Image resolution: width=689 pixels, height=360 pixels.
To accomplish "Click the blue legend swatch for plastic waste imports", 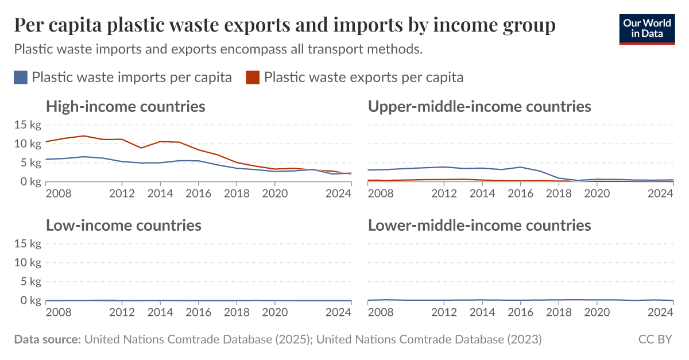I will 21,78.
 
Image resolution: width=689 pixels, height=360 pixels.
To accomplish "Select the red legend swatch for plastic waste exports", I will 253,78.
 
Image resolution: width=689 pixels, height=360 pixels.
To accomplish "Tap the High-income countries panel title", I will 125,106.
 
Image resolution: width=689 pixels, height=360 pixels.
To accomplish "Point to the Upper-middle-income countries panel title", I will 479,106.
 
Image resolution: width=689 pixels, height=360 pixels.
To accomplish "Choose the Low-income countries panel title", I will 123,225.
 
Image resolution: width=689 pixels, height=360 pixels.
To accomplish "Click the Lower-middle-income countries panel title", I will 479,225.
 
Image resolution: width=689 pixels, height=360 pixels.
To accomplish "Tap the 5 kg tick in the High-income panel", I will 30,162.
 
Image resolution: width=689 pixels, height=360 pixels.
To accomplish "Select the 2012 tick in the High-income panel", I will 122,193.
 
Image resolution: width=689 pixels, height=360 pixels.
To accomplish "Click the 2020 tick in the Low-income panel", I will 274,312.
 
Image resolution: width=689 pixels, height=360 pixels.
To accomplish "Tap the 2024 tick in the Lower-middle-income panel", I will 660,312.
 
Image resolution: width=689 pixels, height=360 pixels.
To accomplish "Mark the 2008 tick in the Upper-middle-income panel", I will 380,193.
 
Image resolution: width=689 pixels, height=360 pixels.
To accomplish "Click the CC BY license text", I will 655,339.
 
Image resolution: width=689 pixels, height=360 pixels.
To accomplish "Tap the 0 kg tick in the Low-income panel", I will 30,300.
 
